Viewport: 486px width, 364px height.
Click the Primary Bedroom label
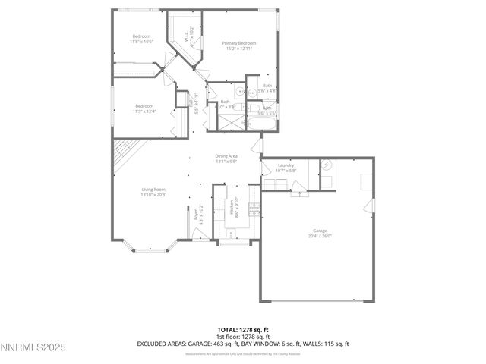click(x=238, y=43)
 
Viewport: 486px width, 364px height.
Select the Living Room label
click(x=153, y=190)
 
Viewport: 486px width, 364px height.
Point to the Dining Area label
click(x=226, y=156)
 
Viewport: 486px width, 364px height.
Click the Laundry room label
click(x=286, y=165)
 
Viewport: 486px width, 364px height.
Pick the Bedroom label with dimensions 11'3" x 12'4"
click(x=144, y=105)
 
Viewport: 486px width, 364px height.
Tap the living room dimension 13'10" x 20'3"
click(x=153, y=195)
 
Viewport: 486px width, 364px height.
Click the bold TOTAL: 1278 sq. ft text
click(x=242, y=330)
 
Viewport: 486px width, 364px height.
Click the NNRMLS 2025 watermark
click(x=33, y=347)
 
